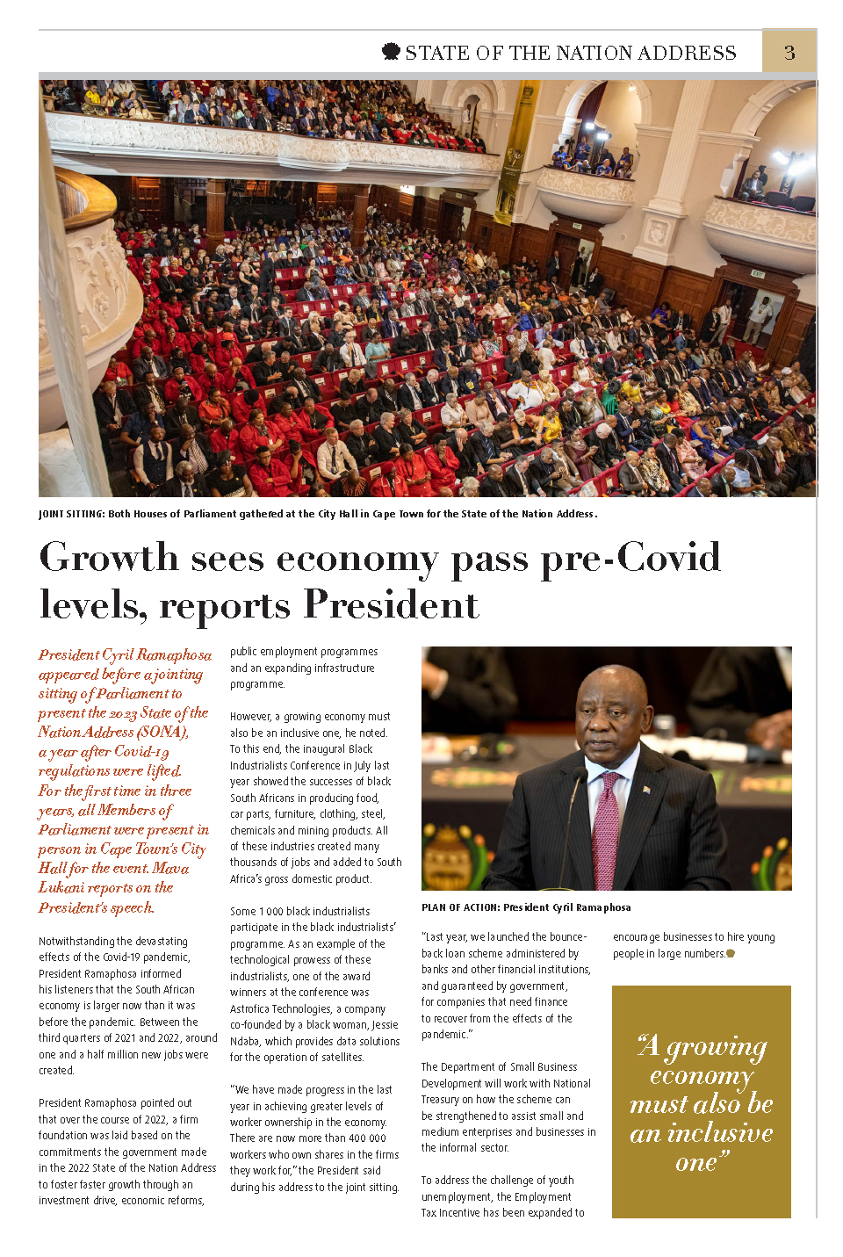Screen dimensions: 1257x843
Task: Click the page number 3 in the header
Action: click(x=789, y=53)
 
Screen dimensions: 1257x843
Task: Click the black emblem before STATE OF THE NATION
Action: click(x=391, y=52)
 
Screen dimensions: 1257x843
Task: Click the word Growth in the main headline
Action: click(x=109, y=558)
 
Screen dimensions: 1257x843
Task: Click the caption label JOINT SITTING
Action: click(x=70, y=514)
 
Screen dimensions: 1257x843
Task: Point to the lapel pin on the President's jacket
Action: click(x=647, y=790)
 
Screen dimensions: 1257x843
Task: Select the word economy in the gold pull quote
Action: click(x=702, y=1076)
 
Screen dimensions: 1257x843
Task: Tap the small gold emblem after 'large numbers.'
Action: click(x=731, y=953)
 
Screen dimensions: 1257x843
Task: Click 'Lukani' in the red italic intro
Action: click(x=61, y=887)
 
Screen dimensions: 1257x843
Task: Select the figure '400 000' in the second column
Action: click(x=365, y=1138)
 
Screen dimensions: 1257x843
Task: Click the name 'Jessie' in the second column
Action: click(x=385, y=1025)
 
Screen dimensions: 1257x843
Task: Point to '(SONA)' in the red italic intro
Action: click(x=162, y=732)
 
